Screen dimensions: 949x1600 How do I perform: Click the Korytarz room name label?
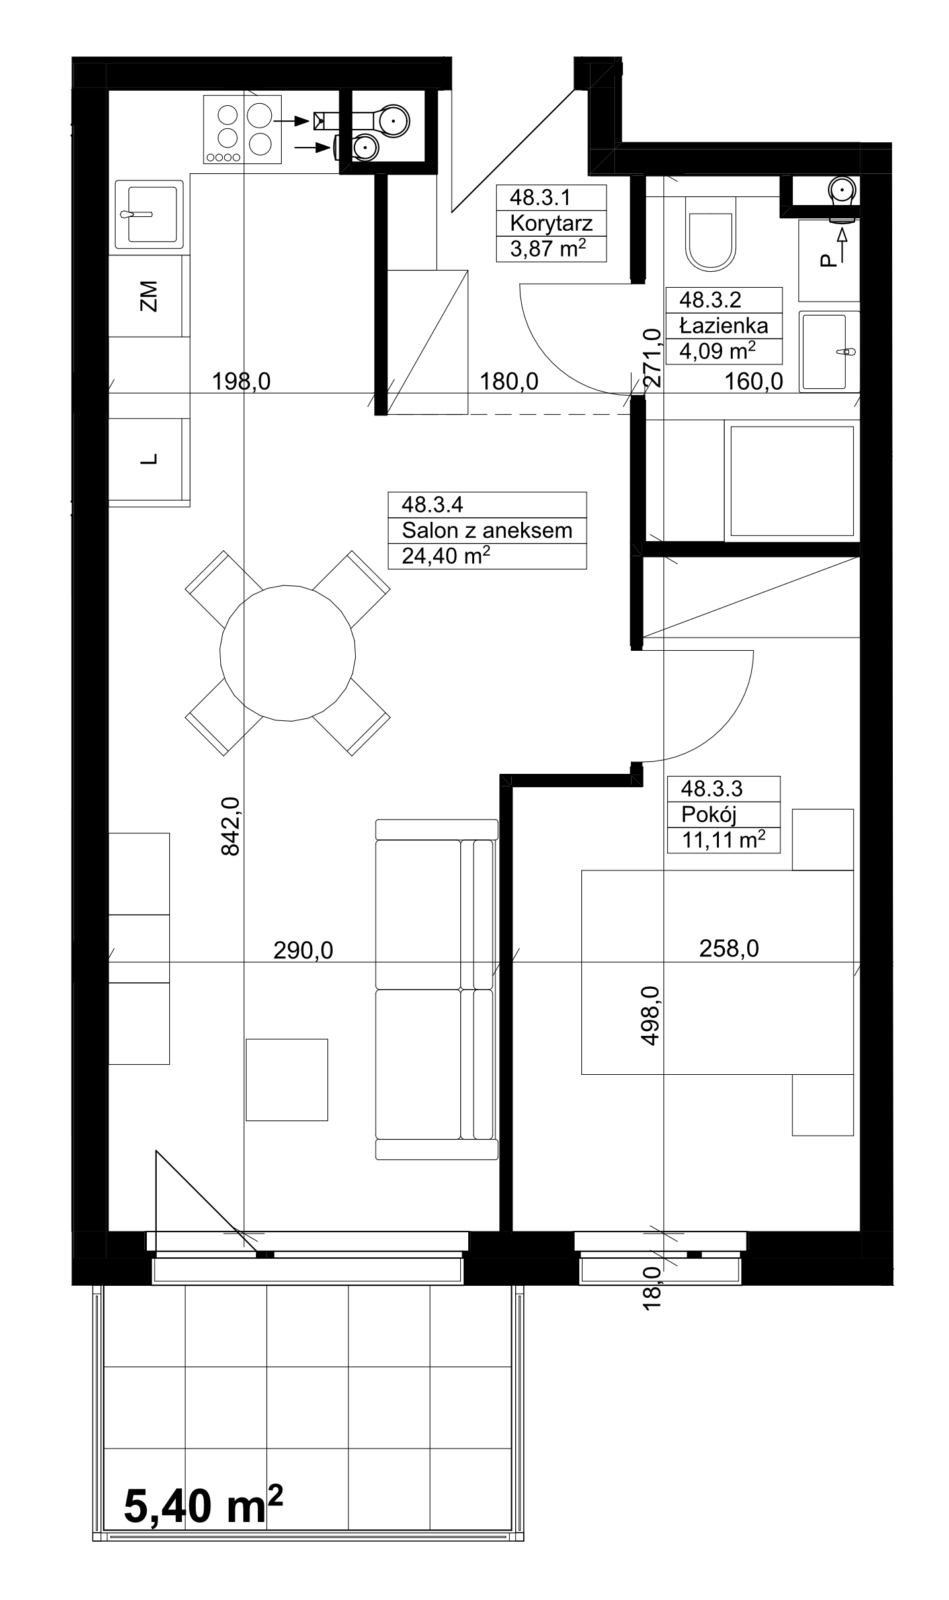[551, 223]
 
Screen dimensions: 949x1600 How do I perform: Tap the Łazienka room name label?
[723, 325]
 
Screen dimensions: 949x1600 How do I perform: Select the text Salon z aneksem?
[487, 530]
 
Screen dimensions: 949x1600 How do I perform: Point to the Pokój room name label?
[708, 814]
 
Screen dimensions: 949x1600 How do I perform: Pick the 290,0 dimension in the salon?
[304, 950]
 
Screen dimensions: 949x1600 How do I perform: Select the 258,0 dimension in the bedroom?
[729, 948]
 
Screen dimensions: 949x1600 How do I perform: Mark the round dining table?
[288, 653]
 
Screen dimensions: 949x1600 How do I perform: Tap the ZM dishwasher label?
[149, 296]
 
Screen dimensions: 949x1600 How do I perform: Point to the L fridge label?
[150, 458]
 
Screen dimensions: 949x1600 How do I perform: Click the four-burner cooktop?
[242, 129]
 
